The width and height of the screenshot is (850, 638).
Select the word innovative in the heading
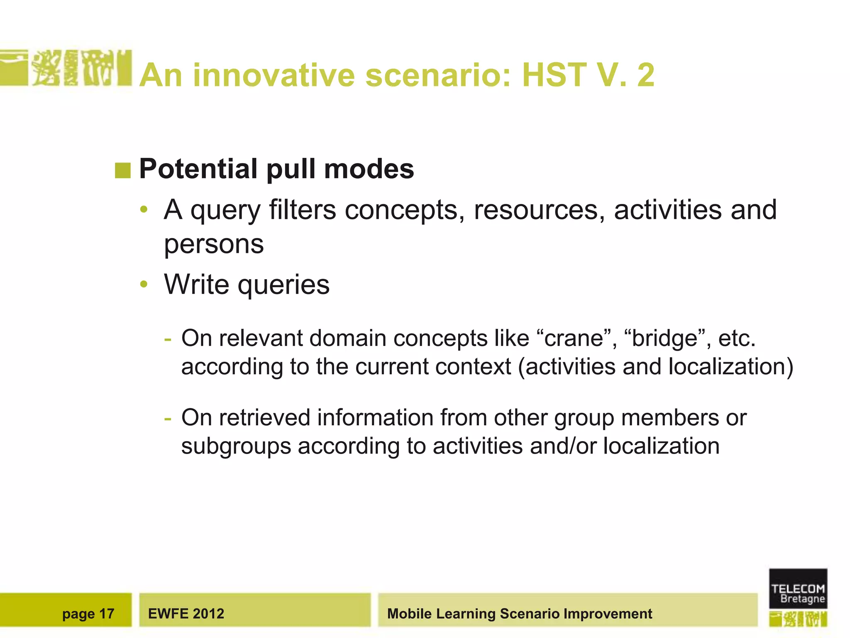click(x=274, y=75)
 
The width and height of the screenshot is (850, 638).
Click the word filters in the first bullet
click(x=302, y=210)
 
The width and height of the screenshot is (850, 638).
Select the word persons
click(x=214, y=244)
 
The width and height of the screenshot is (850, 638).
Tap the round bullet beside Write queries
click(x=144, y=285)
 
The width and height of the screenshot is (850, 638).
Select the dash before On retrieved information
click(x=168, y=418)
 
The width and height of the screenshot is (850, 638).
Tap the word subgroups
click(x=236, y=447)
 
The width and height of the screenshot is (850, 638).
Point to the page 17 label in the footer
click(x=88, y=614)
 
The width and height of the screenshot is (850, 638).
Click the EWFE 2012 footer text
click(x=186, y=614)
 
